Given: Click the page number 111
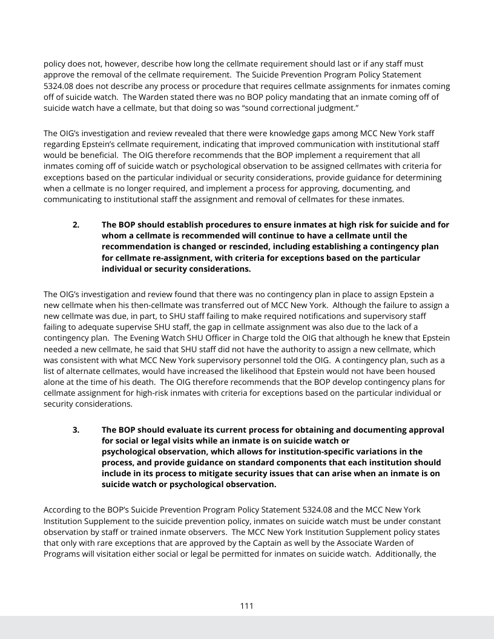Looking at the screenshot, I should coord(246,606).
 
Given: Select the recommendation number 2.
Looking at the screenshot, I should coord(76,224).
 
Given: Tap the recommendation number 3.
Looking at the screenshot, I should coord(76,430).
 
